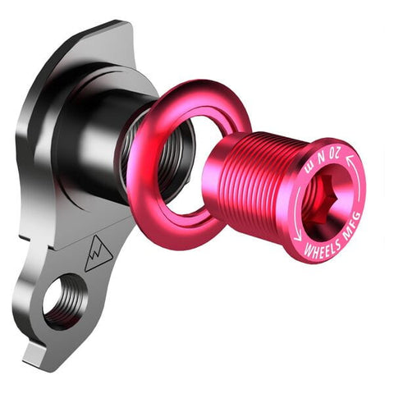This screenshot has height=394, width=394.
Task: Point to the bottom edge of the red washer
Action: tap(176, 246)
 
